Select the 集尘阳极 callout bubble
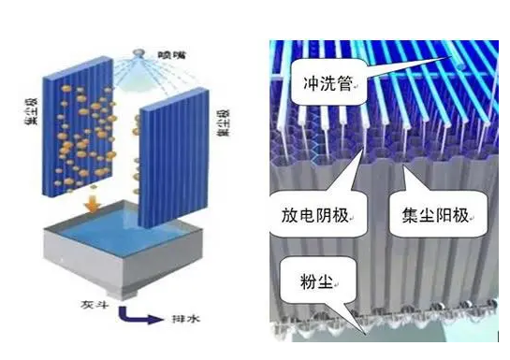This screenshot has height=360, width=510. click(x=430, y=218)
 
